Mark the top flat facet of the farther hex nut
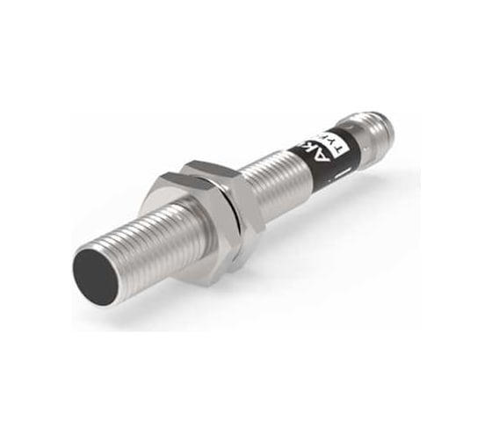pos(211,166)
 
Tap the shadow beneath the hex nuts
pos(220,281)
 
